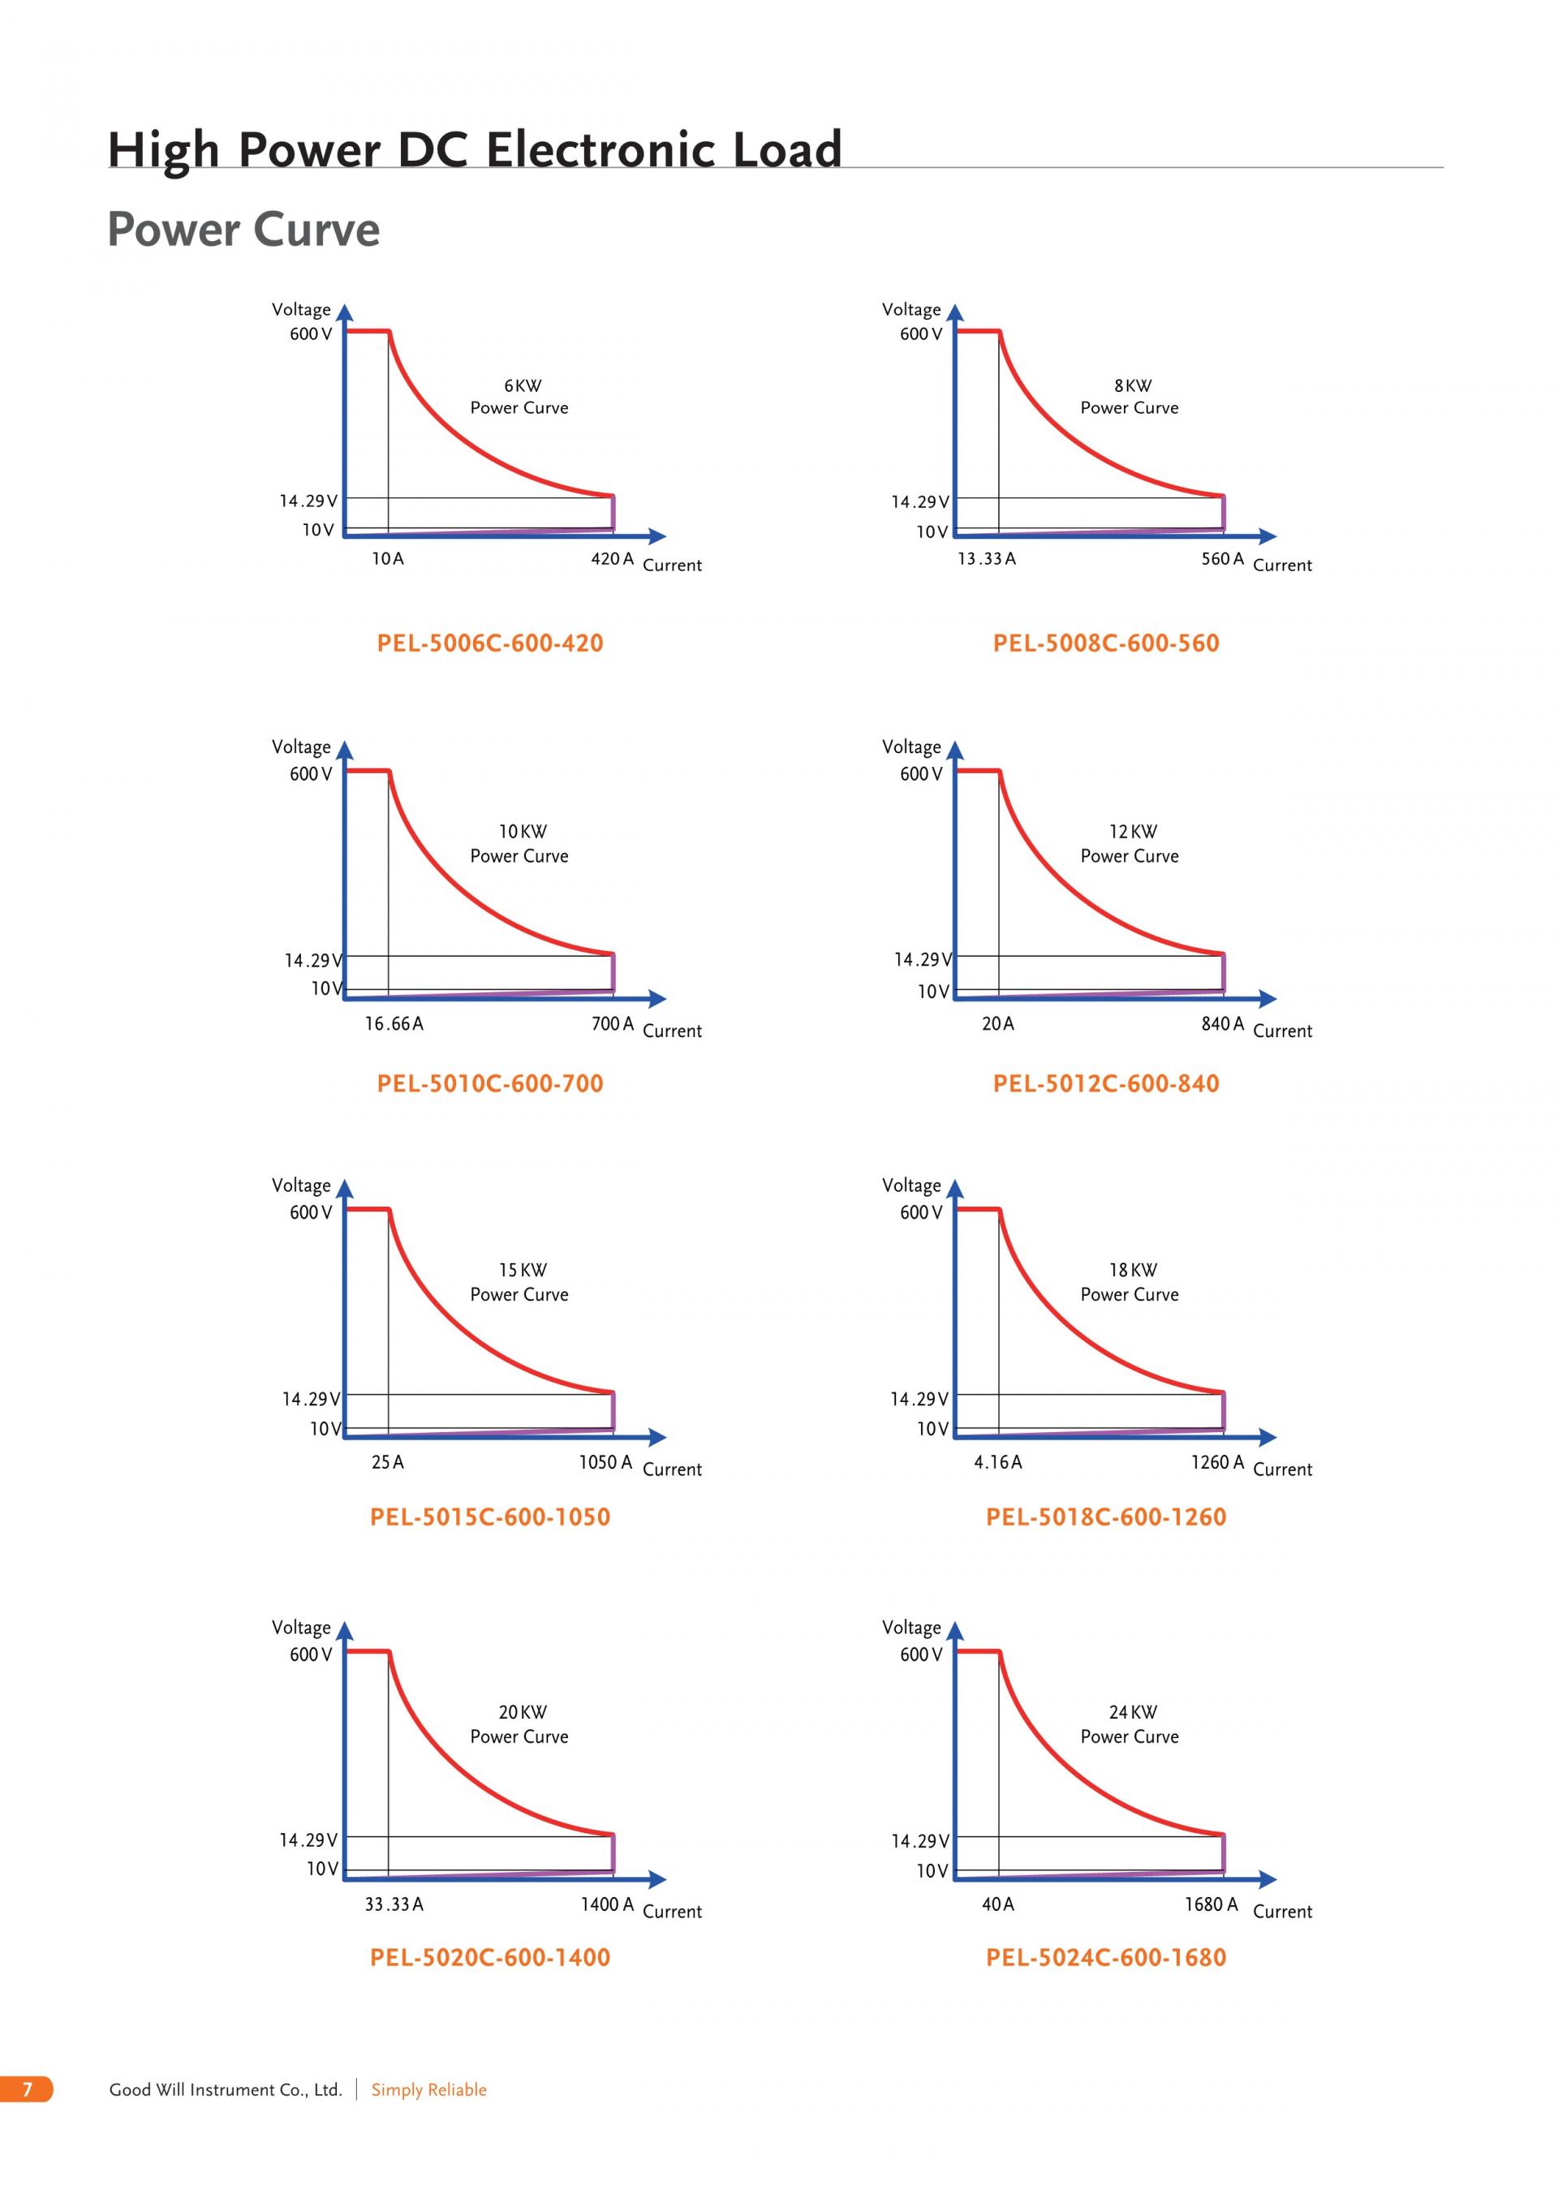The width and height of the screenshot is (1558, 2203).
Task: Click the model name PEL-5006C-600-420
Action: click(x=489, y=643)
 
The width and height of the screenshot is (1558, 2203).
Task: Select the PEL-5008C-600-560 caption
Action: click(x=1105, y=643)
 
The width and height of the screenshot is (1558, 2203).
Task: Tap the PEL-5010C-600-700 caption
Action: click(x=489, y=1083)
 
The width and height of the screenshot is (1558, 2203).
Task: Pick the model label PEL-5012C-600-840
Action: click(x=1105, y=1083)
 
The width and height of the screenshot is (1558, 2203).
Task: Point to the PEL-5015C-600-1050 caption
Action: click(x=489, y=1517)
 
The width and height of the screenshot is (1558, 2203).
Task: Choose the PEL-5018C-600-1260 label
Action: click(x=1105, y=1517)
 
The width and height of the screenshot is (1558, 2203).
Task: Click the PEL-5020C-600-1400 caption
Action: click(x=489, y=1957)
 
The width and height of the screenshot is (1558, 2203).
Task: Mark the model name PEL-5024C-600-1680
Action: click(x=1105, y=1957)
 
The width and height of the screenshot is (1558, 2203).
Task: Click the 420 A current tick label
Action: click(x=612, y=558)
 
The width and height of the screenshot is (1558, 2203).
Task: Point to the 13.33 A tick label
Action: click(x=986, y=558)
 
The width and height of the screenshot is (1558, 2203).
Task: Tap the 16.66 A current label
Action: click(x=394, y=1024)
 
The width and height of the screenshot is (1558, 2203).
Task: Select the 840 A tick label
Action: click(x=1222, y=1024)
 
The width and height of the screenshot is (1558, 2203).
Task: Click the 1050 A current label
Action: click(x=605, y=1462)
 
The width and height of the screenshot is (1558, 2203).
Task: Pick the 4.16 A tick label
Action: click(x=998, y=1462)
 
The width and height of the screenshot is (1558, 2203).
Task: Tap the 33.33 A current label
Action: click(x=394, y=1904)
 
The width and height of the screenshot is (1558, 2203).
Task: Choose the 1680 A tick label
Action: click(x=1211, y=1904)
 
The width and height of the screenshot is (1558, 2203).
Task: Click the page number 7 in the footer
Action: click(x=27, y=2089)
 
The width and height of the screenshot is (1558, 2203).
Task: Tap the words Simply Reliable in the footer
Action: click(x=428, y=2089)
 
